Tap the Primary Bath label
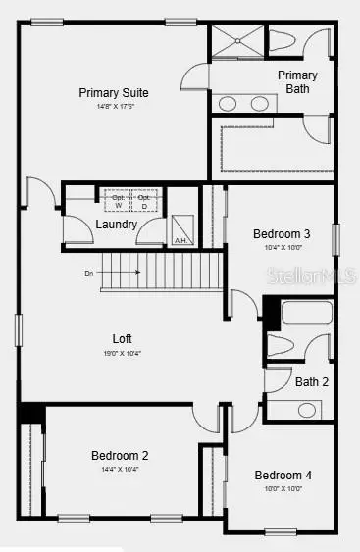297,82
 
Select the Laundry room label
116,225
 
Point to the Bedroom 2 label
120,455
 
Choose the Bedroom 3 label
282,234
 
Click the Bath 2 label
312,382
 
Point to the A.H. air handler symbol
181,229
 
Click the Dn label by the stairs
88,273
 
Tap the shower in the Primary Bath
236,43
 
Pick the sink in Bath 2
308,409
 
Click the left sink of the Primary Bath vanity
228,103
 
